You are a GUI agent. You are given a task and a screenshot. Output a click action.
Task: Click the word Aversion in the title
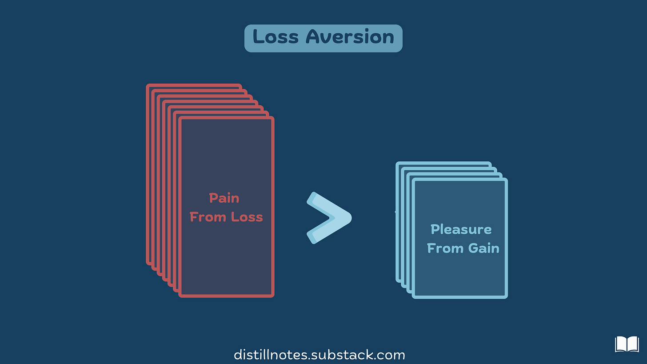pyautogui.click(x=350, y=37)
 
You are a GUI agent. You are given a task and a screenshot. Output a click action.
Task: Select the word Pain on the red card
pyautogui.click(x=224, y=198)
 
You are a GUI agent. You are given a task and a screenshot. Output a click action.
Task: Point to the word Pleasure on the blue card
pyautogui.click(x=461, y=230)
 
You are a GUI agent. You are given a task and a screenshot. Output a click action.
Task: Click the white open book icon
pyautogui.click(x=627, y=344)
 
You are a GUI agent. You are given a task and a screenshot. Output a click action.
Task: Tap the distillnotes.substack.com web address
pyautogui.click(x=319, y=355)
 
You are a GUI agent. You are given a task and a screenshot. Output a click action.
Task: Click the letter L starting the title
pyautogui.click(x=258, y=37)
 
